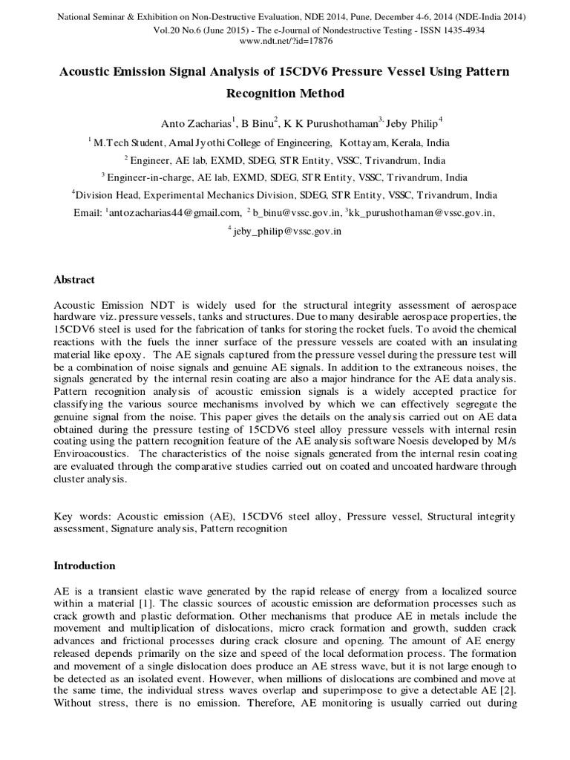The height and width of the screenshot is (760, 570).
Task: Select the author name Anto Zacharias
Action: [195, 123]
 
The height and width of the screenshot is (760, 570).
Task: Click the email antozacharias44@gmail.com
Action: [171, 213]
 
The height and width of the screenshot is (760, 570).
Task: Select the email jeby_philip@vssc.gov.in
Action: [287, 231]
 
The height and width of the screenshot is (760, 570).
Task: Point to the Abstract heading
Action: [75, 280]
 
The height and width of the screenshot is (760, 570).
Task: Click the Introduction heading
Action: [84, 566]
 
